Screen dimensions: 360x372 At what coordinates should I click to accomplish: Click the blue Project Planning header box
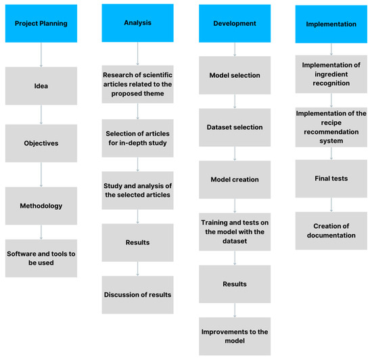pyautogui.click(x=41, y=24)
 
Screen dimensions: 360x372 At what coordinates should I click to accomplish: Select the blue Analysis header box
pyautogui.click(x=138, y=24)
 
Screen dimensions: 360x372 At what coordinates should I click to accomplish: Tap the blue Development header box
pyautogui.click(x=235, y=24)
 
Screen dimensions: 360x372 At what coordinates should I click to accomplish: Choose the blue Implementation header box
pyautogui.click(x=331, y=24)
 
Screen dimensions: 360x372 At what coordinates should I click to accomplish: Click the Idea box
pyautogui.click(x=41, y=86)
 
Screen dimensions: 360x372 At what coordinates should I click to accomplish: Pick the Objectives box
pyautogui.click(x=41, y=144)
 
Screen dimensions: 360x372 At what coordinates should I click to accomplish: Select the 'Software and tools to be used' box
pyautogui.click(x=41, y=258)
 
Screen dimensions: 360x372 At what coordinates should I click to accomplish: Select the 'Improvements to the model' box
pyautogui.click(x=235, y=336)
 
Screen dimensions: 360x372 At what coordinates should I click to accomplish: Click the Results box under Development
pyautogui.click(x=235, y=284)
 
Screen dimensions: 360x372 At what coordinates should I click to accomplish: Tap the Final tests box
pyautogui.click(x=331, y=179)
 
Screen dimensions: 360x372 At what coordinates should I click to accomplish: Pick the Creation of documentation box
pyautogui.click(x=331, y=230)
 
